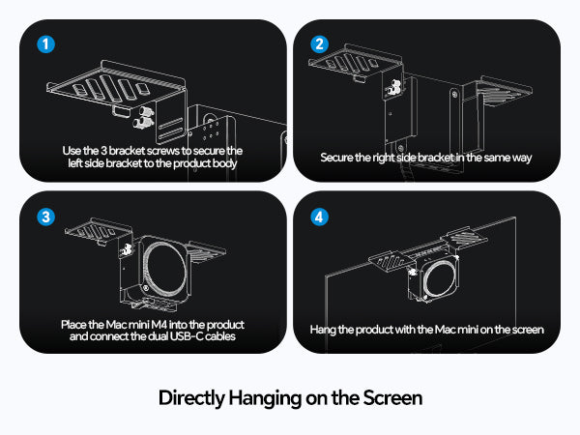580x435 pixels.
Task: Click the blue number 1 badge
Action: pyautogui.click(x=45, y=44)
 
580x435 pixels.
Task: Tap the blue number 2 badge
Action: pyautogui.click(x=319, y=44)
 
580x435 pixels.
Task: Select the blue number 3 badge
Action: pyautogui.click(x=45, y=217)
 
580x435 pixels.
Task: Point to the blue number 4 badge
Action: pyautogui.click(x=319, y=217)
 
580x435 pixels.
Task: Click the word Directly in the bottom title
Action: pyautogui.click(x=191, y=398)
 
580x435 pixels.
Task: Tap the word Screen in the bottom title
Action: pyautogui.click(x=392, y=398)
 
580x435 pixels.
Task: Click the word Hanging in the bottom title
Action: pyautogui.click(x=265, y=398)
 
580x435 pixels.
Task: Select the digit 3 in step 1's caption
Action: pyautogui.click(x=104, y=151)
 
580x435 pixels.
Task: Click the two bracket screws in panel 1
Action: pyautogui.click(x=143, y=117)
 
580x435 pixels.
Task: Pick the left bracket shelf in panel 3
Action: pyautogui.click(x=99, y=231)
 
